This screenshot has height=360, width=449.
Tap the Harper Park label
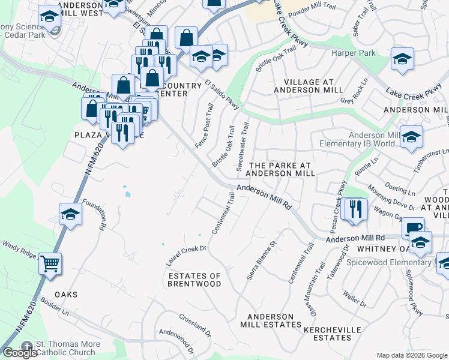point(354,53)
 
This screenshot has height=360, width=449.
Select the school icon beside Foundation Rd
point(70,214)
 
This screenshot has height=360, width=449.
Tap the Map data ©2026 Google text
point(412,355)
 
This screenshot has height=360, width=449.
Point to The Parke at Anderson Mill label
point(282,169)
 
